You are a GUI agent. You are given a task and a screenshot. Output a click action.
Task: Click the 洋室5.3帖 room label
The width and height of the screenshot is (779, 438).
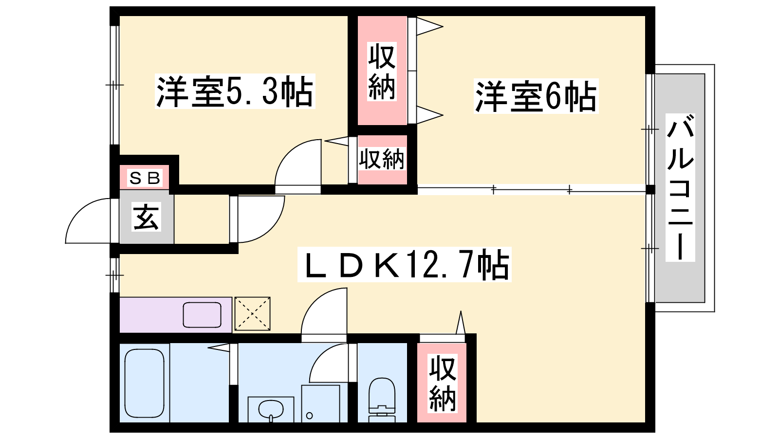[x=235, y=91]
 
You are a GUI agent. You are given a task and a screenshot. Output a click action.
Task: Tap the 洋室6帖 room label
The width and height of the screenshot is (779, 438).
[x=536, y=96]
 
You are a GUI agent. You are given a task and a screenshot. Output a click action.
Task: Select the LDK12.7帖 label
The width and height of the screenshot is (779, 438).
[x=404, y=264]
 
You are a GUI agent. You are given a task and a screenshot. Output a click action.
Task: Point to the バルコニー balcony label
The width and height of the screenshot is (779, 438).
[x=680, y=187]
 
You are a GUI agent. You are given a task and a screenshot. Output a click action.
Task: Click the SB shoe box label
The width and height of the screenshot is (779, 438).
[x=145, y=178]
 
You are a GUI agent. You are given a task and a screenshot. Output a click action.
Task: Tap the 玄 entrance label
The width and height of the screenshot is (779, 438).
[x=146, y=217]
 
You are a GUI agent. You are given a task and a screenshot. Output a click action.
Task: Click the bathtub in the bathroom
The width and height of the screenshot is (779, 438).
[x=144, y=383]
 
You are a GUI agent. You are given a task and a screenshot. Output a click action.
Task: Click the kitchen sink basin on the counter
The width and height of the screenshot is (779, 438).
[x=202, y=315]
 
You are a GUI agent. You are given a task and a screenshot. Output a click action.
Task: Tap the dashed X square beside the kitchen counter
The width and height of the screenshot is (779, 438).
[x=253, y=313]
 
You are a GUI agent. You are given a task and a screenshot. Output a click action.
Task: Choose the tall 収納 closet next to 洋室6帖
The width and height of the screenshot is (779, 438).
[x=382, y=70]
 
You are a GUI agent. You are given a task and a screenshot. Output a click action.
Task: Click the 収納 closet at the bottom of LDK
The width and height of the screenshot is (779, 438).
[x=442, y=383]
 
